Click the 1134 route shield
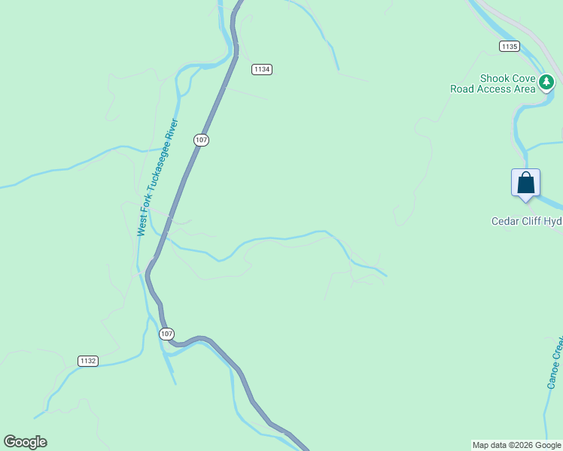261,69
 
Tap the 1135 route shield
509,47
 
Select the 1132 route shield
88,361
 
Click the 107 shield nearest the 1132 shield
167,334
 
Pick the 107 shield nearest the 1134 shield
201,140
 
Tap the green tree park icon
546,81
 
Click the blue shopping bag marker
525,183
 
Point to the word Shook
496,79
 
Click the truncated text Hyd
554,221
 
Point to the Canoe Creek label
555,362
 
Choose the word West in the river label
141,228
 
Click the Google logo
25,442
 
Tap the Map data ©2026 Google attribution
516,446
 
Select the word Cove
524,79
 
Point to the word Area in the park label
524,89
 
